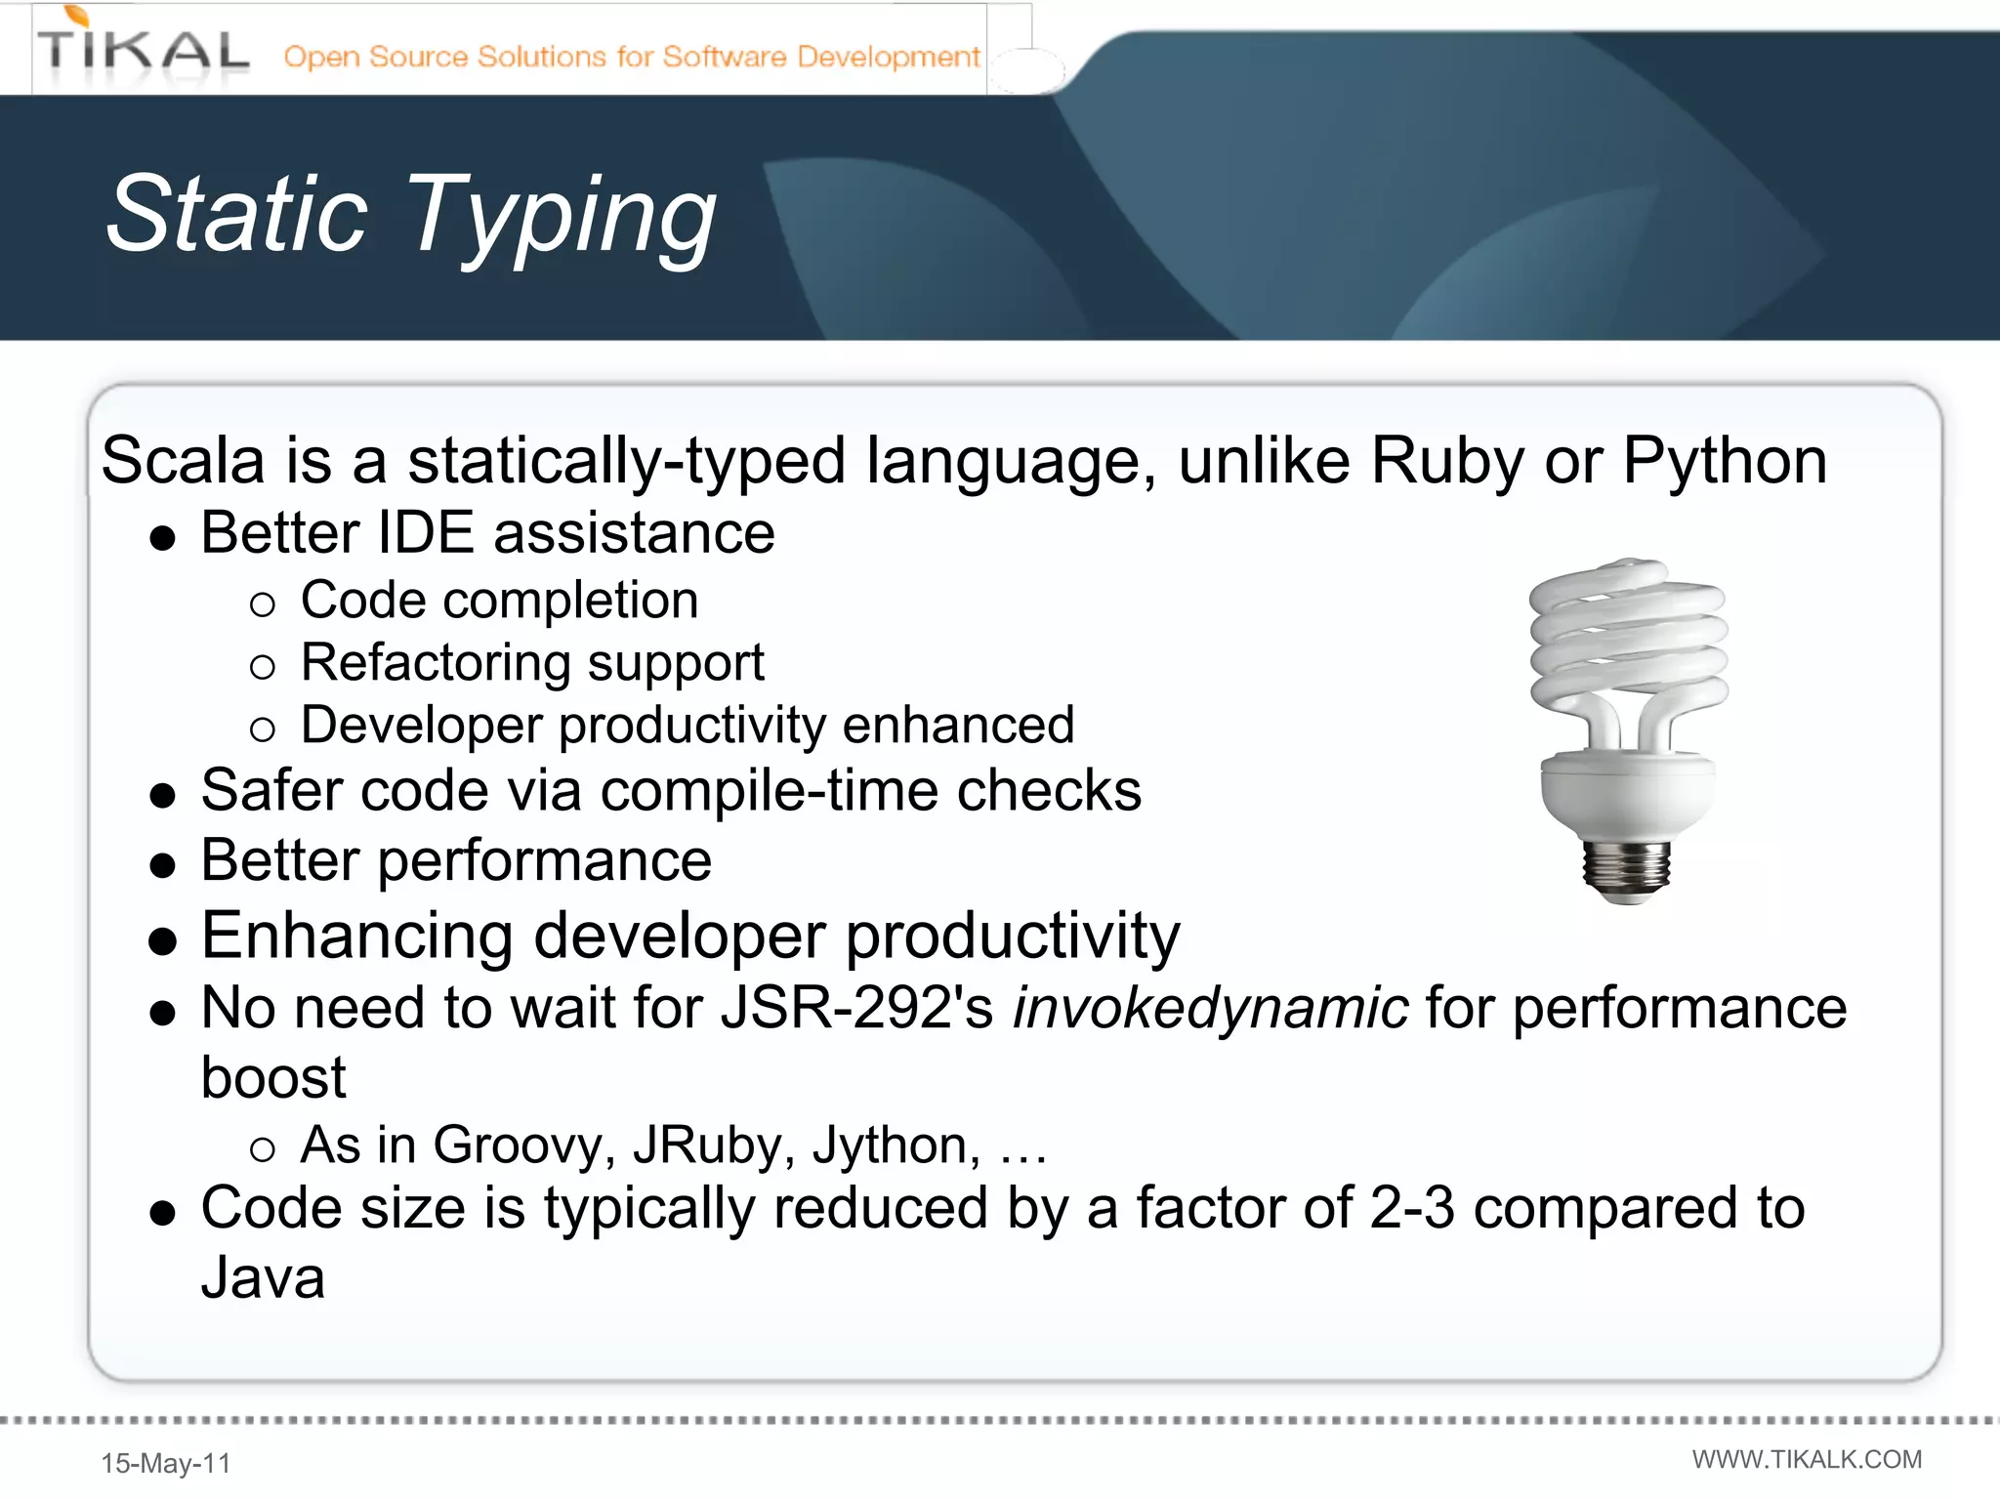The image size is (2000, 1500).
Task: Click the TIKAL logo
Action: pyautogui.click(x=144, y=49)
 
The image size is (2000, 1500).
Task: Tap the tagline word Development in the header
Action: pyautogui.click(x=888, y=57)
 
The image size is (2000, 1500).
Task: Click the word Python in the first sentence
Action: pyautogui.click(x=1724, y=461)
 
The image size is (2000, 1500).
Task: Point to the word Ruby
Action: pyautogui.click(x=1446, y=459)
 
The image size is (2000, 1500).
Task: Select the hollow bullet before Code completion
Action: pyautogui.click(x=262, y=604)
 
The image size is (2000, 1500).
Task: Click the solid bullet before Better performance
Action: pyautogui.click(x=163, y=865)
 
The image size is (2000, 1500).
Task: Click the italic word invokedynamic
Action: pyautogui.click(x=1210, y=1009)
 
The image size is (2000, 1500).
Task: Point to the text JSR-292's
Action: pyautogui.click(x=856, y=1008)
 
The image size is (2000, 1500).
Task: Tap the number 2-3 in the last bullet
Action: pyautogui.click(x=1411, y=1208)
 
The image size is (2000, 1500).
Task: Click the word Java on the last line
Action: pyautogui.click(x=263, y=1278)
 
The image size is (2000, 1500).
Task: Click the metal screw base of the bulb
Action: pyautogui.click(x=1626, y=867)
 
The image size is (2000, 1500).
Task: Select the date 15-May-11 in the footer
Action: pyautogui.click(x=166, y=1463)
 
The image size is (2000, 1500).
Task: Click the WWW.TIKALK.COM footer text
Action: pyautogui.click(x=1807, y=1459)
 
